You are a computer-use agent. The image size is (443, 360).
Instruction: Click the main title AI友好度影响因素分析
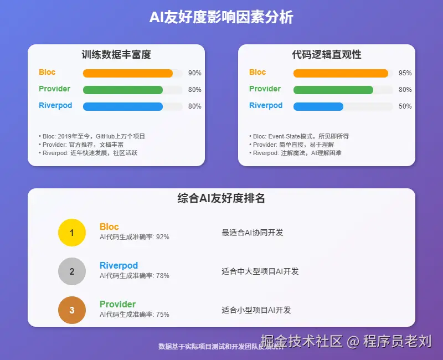pyautogui.click(x=221, y=17)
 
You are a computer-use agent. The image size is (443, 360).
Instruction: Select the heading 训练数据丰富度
pyautogui.click(x=116, y=55)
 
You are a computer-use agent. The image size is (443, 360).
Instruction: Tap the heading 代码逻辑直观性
pyautogui.click(x=327, y=55)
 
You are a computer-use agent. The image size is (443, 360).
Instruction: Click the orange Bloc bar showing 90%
pyautogui.click(x=128, y=73)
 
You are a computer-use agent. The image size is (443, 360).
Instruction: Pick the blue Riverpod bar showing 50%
pyautogui.click(x=318, y=106)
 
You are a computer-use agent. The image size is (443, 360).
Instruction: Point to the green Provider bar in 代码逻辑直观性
pyautogui.click(x=333, y=90)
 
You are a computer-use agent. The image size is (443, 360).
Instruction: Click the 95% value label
pyautogui.click(x=405, y=73)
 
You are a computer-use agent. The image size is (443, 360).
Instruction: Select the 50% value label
pyautogui.click(x=405, y=106)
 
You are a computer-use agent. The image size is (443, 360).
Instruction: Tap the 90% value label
pyautogui.click(x=194, y=73)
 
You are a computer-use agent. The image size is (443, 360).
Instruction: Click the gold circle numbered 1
pyautogui.click(x=72, y=233)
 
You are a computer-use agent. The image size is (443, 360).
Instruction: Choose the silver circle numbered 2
pyautogui.click(x=72, y=271)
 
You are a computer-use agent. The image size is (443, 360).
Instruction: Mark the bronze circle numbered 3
pyautogui.click(x=72, y=310)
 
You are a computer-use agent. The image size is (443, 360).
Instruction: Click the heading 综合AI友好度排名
pyautogui.click(x=221, y=198)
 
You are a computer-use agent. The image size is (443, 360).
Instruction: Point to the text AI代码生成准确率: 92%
pyautogui.click(x=135, y=237)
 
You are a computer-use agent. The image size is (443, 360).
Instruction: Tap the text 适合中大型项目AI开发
pyautogui.click(x=260, y=271)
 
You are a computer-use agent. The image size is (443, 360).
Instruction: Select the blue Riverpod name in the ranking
pyautogui.click(x=119, y=265)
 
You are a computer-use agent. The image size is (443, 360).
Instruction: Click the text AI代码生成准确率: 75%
pyautogui.click(x=135, y=315)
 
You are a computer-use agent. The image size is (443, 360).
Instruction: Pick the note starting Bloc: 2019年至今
pyautogui.click(x=91, y=136)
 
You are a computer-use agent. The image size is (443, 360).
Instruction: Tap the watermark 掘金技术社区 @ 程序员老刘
pyautogui.click(x=346, y=341)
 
